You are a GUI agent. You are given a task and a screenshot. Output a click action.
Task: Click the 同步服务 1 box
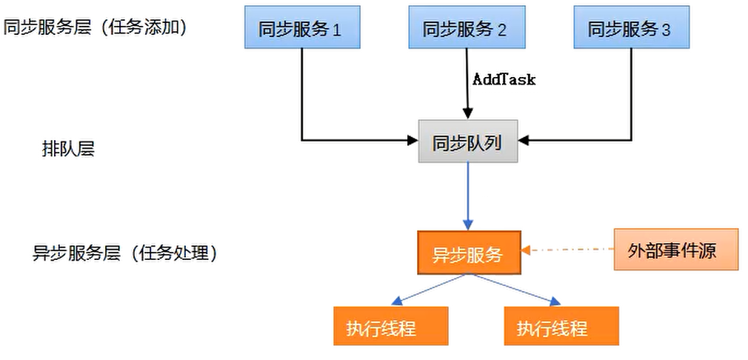[302, 28]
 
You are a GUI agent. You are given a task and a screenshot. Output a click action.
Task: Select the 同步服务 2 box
[466, 28]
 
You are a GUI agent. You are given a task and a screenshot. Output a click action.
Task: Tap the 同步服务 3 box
[631, 28]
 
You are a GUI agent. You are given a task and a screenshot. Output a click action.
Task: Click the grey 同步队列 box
[467, 141]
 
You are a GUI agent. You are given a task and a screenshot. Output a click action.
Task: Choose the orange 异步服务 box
[469, 253]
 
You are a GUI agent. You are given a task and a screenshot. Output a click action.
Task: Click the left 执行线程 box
[391, 327]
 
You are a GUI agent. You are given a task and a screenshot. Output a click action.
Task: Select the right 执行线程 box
[561, 327]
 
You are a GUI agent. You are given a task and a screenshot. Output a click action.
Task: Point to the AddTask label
[504, 78]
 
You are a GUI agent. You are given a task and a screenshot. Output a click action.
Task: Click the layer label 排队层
[67, 149]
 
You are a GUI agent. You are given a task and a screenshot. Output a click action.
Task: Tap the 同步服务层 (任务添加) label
[95, 27]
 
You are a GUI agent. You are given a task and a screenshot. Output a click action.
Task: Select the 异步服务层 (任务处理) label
[124, 253]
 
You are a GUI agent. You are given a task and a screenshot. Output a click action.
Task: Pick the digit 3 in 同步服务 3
[667, 30]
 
